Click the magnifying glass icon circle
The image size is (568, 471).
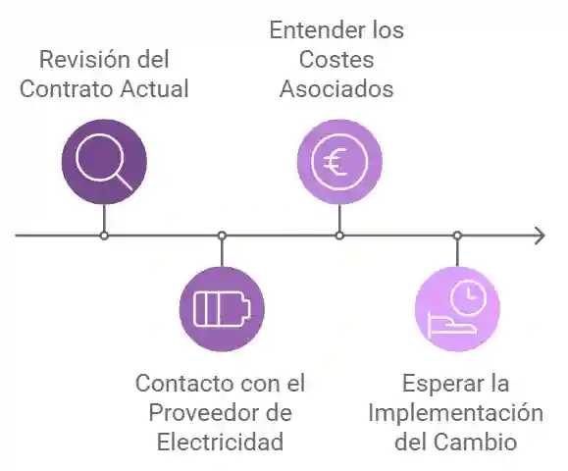pos(104,161)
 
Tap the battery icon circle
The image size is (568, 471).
pos(222,308)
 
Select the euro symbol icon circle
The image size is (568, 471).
pos(339,161)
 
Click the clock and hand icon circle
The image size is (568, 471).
pos(457,308)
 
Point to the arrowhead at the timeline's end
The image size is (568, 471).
pos(539,235)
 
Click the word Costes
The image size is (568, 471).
pos(336,60)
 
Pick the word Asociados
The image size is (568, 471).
pos(336,89)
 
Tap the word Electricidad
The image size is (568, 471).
pos(220,442)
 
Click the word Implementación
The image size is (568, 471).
pos(455,412)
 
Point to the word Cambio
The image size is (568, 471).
pos(482,442)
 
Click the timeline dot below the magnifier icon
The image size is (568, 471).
pos(104,235)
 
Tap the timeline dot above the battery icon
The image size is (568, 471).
pos(222,235)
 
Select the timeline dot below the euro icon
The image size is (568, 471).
pos(339,235)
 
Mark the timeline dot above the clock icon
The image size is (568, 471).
pos(457,235)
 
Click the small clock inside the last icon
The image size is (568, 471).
pos(471,294)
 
